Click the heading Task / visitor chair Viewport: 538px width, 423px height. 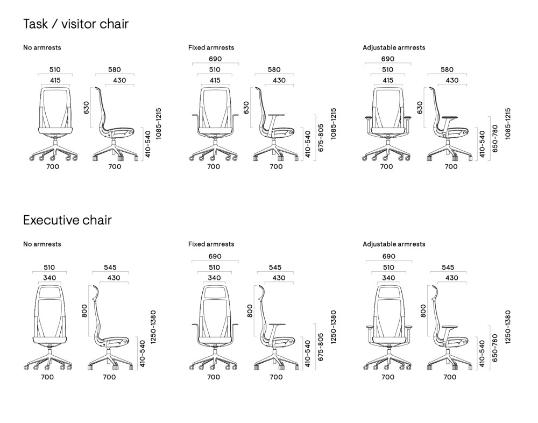[76, 24]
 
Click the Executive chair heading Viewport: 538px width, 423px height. [67, 220]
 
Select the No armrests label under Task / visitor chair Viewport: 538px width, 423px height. [42, 47]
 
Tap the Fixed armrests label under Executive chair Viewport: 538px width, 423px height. [211, 244]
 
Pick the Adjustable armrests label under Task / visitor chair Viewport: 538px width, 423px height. [394, 47]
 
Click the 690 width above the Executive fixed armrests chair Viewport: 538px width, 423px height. [214, 257]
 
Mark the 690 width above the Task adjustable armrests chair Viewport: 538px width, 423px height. [387, 59]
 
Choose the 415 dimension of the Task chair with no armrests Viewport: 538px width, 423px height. [55, 80]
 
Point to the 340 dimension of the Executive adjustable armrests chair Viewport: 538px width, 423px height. [387, 278]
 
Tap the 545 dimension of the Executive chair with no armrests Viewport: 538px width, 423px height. [110, 267]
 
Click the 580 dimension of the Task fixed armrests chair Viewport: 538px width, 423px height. [274, 69]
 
